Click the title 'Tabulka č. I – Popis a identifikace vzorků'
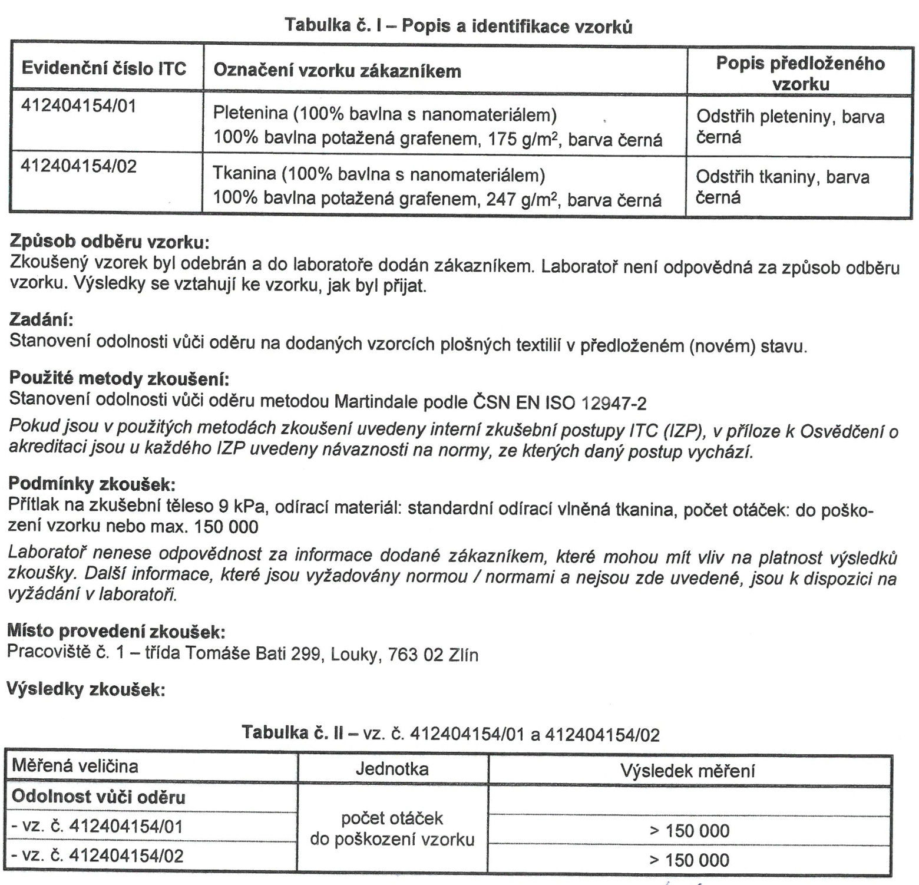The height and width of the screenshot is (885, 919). pos(458,26)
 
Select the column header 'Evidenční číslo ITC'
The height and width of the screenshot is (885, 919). pos(104,68)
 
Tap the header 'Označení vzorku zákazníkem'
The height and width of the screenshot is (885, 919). pos(337,71)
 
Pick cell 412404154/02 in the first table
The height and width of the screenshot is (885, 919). pos(78,166)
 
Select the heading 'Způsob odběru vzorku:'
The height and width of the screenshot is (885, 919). pos(110,242)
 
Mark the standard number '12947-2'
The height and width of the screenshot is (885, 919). pos(613,404)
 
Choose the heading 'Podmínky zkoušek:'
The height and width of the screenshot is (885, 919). pos(92,484)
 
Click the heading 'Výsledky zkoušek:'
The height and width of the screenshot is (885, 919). pos(85,689)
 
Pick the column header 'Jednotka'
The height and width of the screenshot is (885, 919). pos(392,769)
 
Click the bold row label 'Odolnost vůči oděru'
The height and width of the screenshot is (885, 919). pos(98,797)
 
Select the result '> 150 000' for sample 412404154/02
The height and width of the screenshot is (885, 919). pos(689,860)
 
